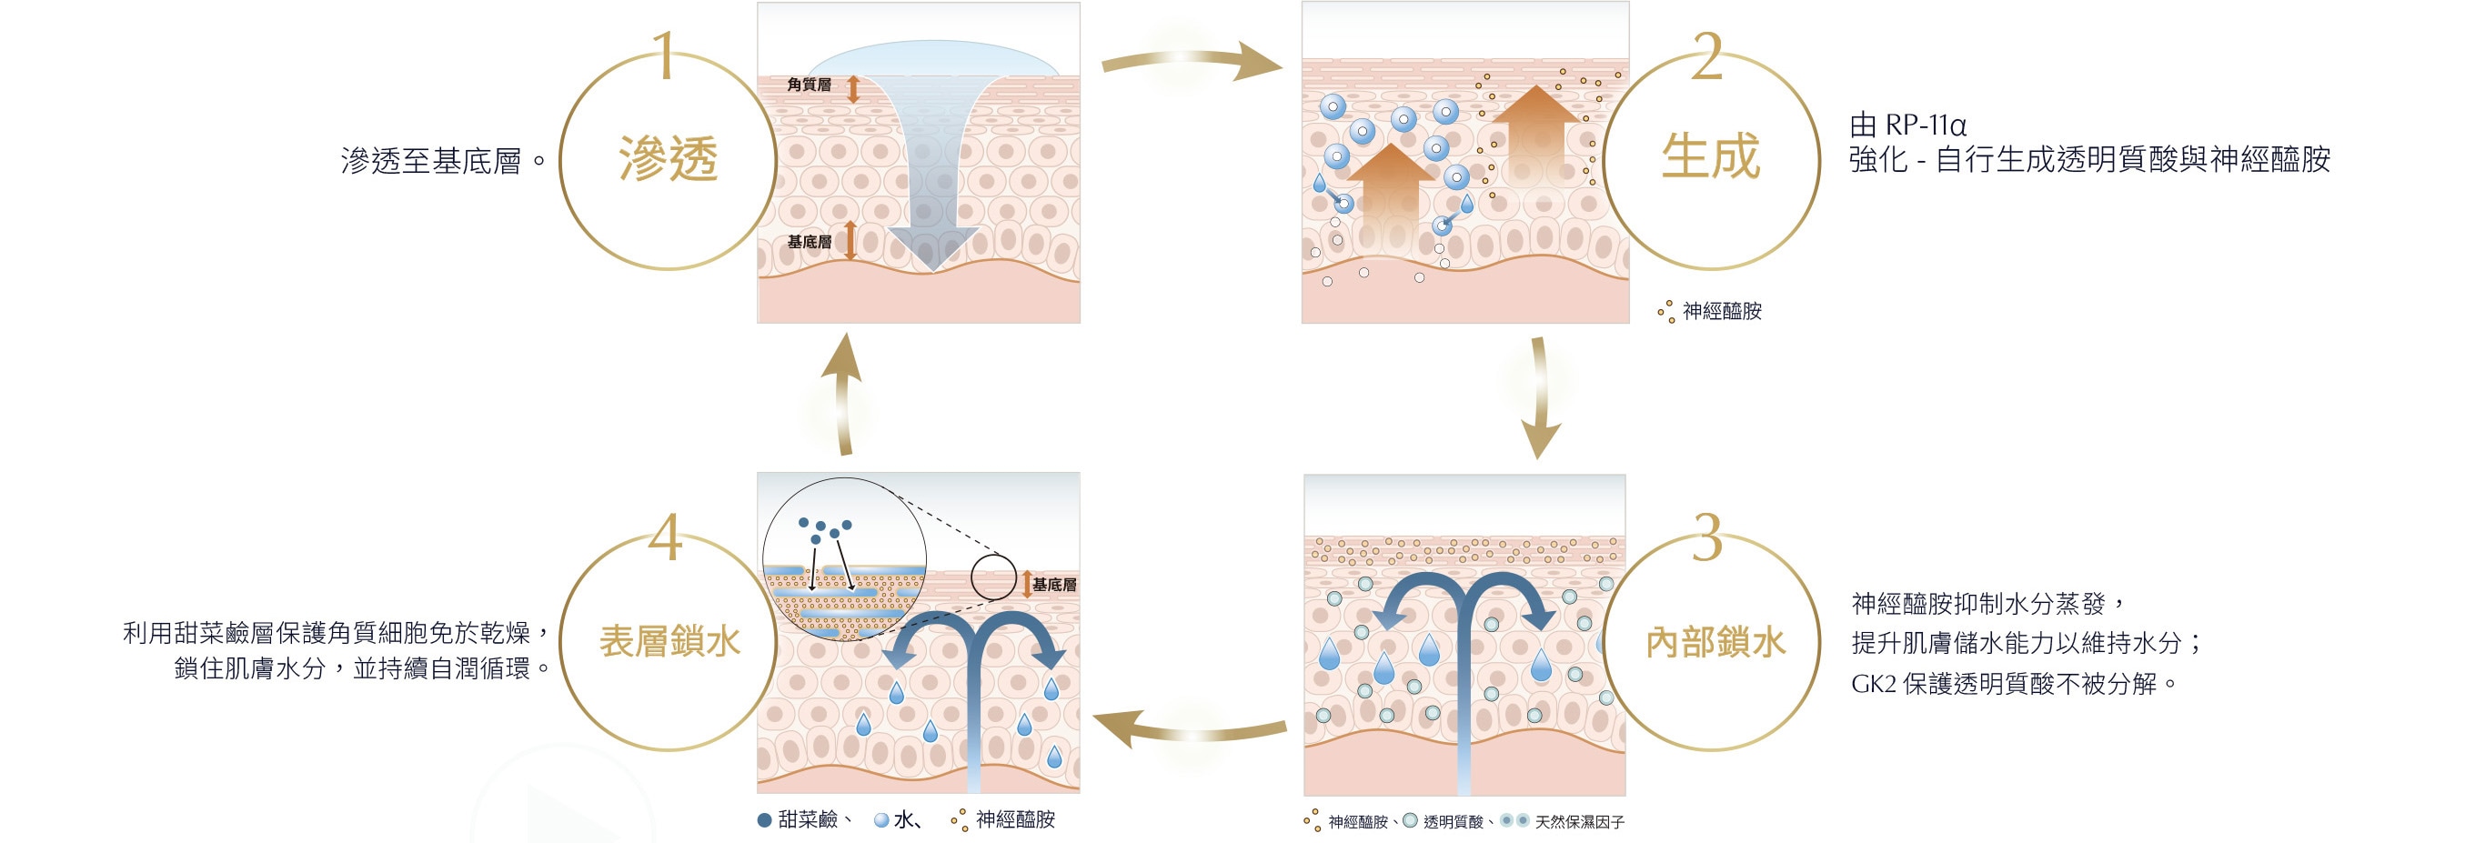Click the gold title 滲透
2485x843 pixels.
(x=669, y=159)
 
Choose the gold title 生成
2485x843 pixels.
(x=1710, y=156)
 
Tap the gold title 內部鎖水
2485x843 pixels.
(x=1715, y=642)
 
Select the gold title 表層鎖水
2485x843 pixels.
(x=669, y=641)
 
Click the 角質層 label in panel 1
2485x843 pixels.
(x=809, y=85)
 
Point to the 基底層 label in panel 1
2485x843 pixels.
(x=809, y=241)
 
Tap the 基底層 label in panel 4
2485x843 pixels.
(x=1053, y=585)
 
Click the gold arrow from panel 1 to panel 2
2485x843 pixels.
(x=1192, y=62)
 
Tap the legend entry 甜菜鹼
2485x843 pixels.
(x=807, y=820)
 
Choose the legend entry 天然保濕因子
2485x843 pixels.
(x=1579, y=822)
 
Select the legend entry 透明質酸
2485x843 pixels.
(x=1453, y=822)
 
